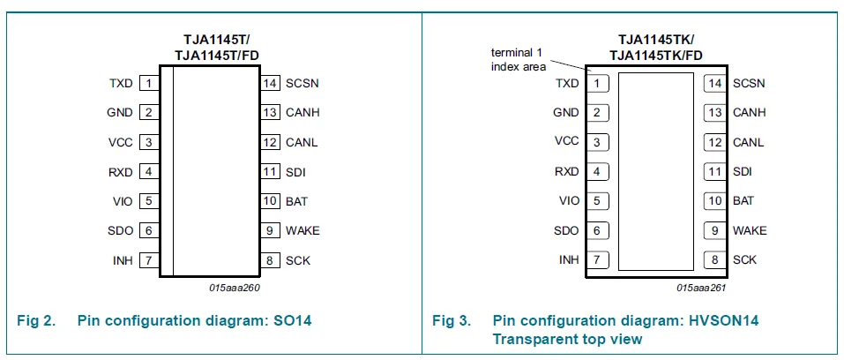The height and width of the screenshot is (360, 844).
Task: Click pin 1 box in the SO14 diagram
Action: pos(149,83)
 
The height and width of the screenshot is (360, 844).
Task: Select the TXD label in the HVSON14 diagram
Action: pos(567,84)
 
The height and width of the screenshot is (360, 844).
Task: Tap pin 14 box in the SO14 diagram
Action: pos(270,83)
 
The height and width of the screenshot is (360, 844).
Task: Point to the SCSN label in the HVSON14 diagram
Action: pos(749,84)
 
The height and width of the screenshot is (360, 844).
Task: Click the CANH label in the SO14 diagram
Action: pos(302,113)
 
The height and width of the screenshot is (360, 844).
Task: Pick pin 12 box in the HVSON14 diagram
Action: pos(714,142)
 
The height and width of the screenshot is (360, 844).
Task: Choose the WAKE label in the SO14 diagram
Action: pos(302,231)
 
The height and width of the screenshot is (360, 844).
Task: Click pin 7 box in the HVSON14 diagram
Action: pos(598,260)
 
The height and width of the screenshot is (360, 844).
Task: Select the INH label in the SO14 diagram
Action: pos(123,261)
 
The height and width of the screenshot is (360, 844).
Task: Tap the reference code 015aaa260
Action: pos(235,288)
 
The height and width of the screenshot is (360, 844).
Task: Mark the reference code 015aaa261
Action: pos(701,288)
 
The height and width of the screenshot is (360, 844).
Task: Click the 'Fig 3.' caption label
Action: pos(452,321)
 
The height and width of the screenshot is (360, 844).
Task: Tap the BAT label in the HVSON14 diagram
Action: pos(743,201)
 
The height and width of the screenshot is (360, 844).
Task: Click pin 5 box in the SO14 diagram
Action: pos(149,201)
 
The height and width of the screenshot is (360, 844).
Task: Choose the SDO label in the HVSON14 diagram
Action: pos(566,231)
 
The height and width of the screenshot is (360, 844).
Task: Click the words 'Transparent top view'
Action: pos(567,339)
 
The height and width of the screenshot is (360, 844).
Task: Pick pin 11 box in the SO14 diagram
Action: pos(270,172)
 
